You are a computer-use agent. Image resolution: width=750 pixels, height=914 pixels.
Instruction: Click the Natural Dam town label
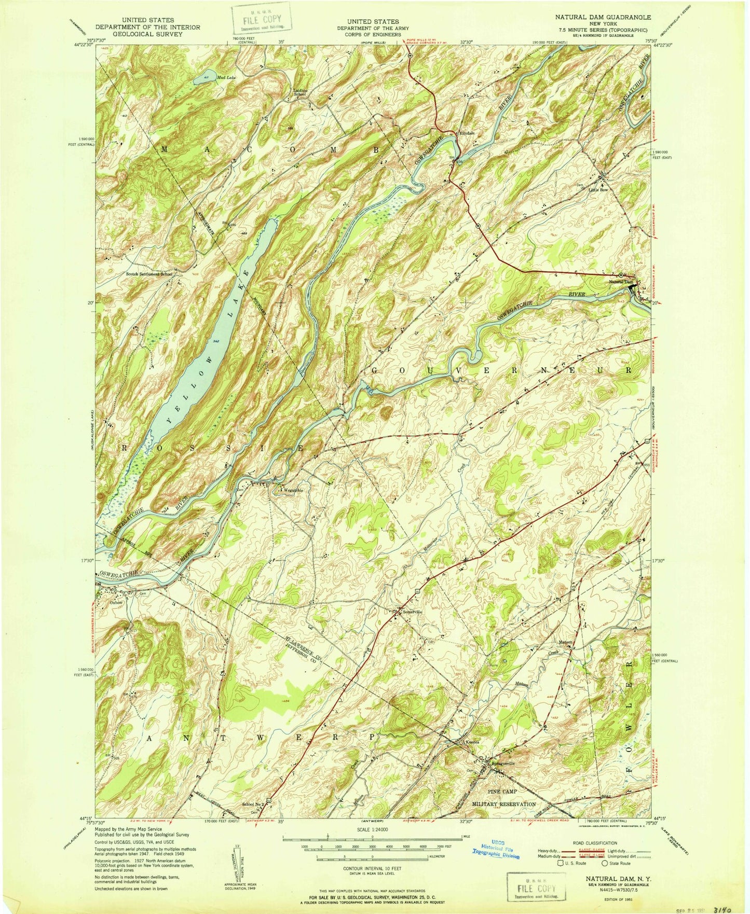click(x=621, y=282)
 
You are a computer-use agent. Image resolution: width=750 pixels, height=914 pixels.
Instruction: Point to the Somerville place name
click(x=413, y=612)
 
